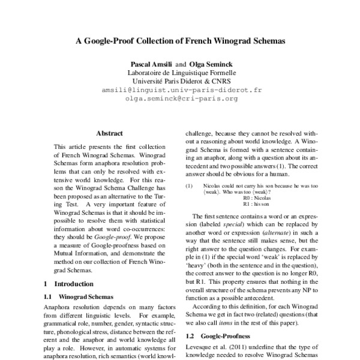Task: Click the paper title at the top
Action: tap(179, 43)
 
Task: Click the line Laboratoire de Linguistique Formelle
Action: tap(179, 73)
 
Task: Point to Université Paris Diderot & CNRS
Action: tap(179, 82)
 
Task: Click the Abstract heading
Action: tap(109, 133)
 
